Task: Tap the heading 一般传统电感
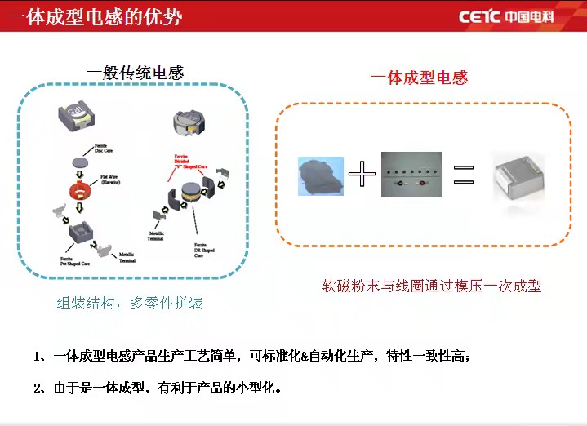[136, 73]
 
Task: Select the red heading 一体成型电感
[419, 78]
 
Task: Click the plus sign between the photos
[362, 175]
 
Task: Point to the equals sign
[463, 175]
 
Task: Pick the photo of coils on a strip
[411, 175]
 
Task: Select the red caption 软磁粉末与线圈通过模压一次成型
[432, 286]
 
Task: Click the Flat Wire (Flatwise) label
[112, 180]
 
